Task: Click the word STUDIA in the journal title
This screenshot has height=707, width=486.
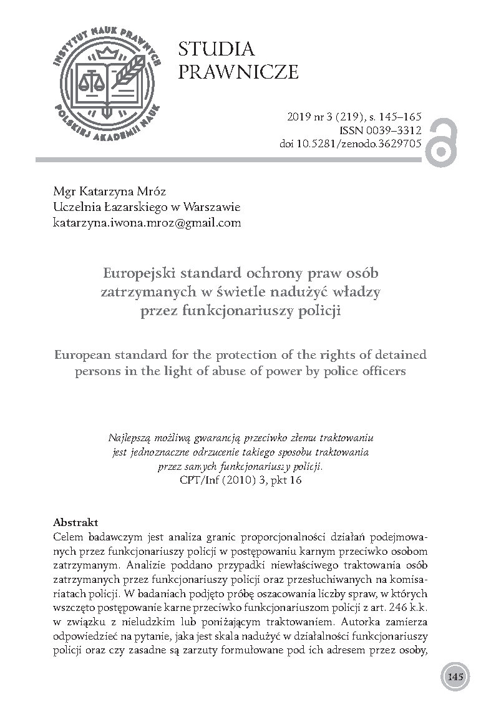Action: click(x=216, y=50)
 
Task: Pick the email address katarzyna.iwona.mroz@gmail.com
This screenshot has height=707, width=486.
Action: click(x=147, y=223)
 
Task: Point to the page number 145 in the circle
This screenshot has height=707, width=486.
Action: click(x=454, y=677)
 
